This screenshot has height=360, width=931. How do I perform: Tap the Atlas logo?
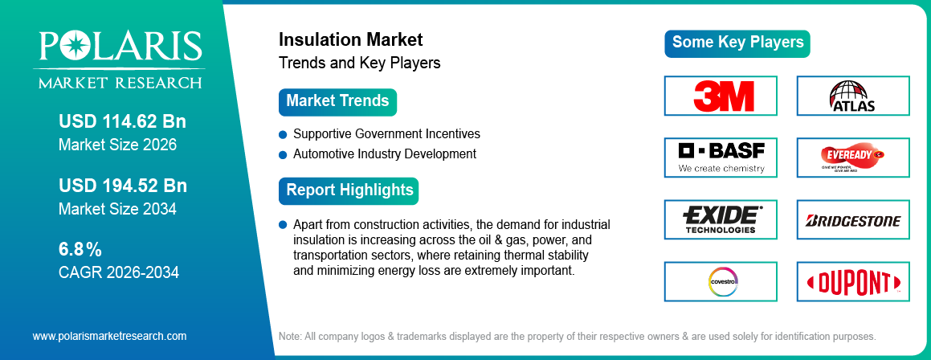click(852, 96)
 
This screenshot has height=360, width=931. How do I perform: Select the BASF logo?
click(721, 157)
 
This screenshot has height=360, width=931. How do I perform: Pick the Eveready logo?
click(852, 157)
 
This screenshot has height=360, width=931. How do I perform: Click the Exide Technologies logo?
click(721, 219)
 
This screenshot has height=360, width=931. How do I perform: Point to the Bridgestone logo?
click(852, 220)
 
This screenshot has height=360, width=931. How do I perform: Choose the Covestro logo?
click(721, 281)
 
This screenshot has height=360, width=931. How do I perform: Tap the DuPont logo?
click(852, 282)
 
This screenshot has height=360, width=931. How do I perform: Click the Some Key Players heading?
click(737, 43)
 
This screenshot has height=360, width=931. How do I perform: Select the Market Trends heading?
click(337, 101)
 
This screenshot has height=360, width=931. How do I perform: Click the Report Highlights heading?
click(349, 190)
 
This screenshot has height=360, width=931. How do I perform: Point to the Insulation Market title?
click(350, 39)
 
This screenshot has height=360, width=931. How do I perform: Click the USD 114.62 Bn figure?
click(122, 122)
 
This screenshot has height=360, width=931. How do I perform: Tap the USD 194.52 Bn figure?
click(122, 186)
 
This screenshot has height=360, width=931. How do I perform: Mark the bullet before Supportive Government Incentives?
click(283, 133)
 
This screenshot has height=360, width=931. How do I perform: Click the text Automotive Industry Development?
click(385, 153)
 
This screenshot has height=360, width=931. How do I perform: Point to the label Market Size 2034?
click(117, 209)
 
